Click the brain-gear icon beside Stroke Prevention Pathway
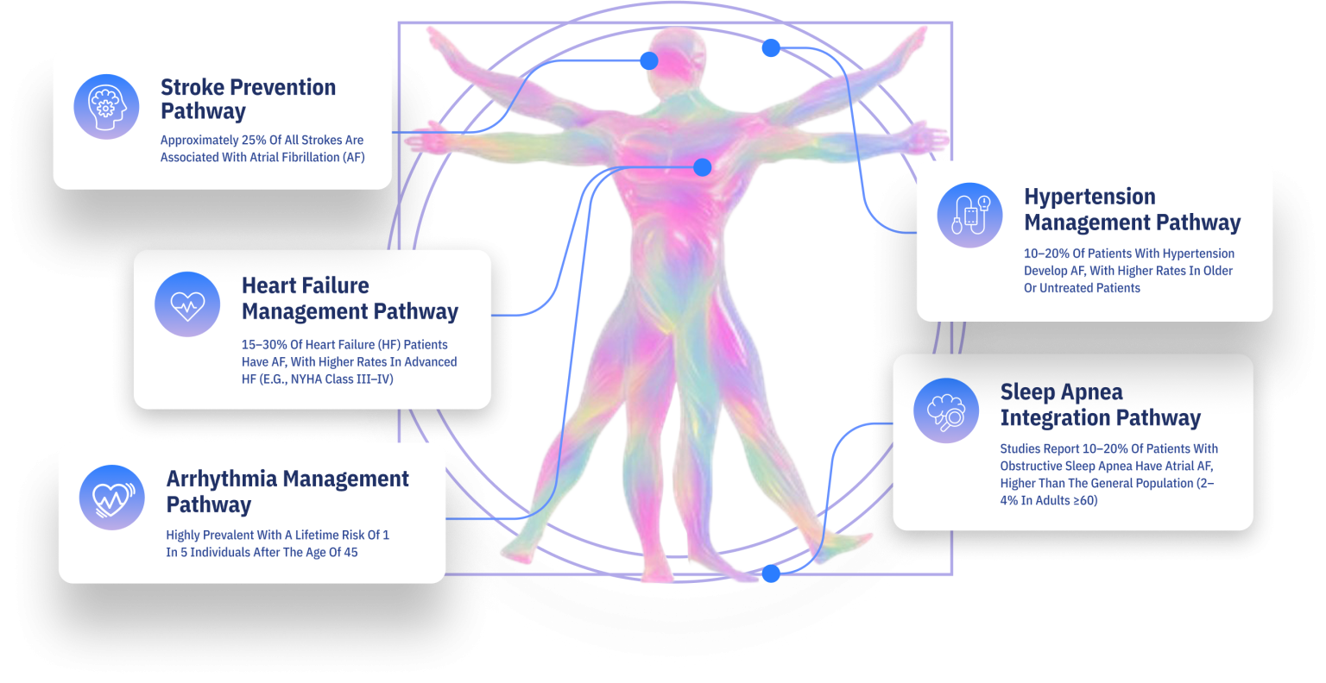pyautogui.click(x=106, y=107)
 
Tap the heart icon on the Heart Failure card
pyautogui.click(x=187, y=304)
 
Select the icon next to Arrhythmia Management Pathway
pyautogui.click(x=112, y=498)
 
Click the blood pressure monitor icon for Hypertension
pyautogui.click(x=969, y=216)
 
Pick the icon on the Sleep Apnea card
pyautogui.click(x=946, y=410)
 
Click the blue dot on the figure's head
pyautogui.click(x=648, y=60)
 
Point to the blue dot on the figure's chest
pyautogui.click(x=702, y=166)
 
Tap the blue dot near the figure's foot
pyautogui.click(x=770, y=573)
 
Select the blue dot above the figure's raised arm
pyautogui.click(x=770, y=48)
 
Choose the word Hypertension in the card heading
pyautogui.click(x=1089, y=197)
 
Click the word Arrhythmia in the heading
pyautogui.click(x=222, y=479)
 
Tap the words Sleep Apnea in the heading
pyautogui.click(x=1061, y=392)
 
